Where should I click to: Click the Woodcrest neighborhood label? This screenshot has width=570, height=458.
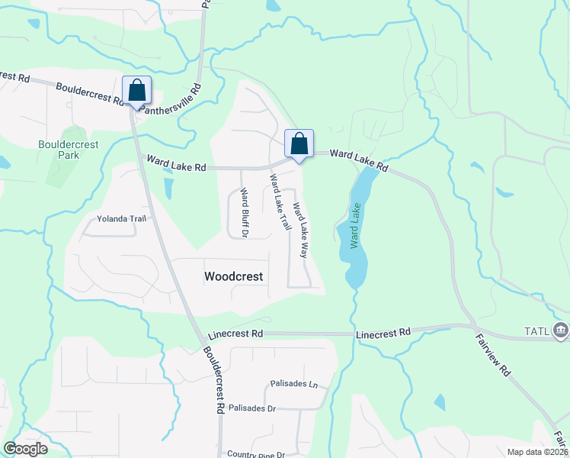pyautogui.click(x=234, y=276)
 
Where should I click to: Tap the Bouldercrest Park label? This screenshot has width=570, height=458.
pyautogui.click(x=58, y=149)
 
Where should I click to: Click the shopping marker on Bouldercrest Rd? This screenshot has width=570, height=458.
pyautogui.click(x=137, y=91)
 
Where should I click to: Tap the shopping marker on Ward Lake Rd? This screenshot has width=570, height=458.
pyautogui.click(x=299, y=143)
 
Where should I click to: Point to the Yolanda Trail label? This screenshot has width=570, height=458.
pyautogui.click(x=121, y=219)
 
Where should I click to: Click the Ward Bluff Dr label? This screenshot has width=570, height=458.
pyautogui.click(x=244, y=212)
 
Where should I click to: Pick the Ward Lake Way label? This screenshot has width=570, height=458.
pyautogui.click(x=301, y=227)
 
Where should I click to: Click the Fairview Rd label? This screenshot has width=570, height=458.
pyautogui.click(x=493, y=356)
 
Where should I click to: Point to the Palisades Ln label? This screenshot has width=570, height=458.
pyautogui.click(x=293, y=383)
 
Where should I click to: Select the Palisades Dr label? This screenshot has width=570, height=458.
pyautogui.click(x=251, y=408)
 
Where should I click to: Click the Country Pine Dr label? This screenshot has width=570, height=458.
pyautogui.click(x=255, y=454)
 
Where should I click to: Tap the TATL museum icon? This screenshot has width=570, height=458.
pyautogui.click(x=561, y=331)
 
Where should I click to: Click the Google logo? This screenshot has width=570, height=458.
pyautogui.click(x=25, y=449)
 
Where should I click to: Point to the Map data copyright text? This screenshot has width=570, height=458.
pyautogui.click(x=538, y=452)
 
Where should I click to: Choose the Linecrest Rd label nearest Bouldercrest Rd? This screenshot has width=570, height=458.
pyautogui.click(x=235, y=334)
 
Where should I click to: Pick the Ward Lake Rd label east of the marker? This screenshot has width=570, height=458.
pyautogui.click(x=359, y=160)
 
